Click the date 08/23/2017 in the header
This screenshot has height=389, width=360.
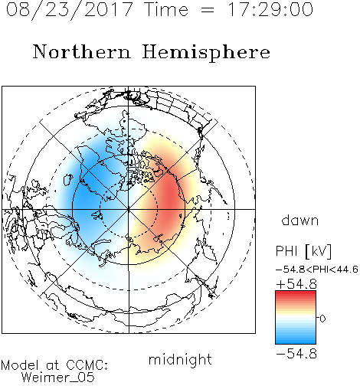point(69,10)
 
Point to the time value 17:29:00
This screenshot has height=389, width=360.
point(270,9)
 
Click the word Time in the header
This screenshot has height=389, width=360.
point(166,9)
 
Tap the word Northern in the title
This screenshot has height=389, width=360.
point(82,51)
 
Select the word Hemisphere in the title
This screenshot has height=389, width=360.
point(206,53)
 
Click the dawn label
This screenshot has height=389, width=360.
point(300,220)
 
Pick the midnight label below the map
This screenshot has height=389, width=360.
point(180,359)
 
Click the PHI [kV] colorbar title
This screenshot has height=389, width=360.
point(303,251)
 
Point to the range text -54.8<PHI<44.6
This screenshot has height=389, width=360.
point(317,270)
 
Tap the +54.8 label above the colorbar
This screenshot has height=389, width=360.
point(296,284)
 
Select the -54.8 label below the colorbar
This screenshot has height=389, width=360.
point(296,354)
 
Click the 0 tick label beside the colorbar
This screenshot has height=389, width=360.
point(322,319)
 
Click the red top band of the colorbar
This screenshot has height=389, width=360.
point(296,295)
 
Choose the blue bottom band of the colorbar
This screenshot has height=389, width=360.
point(296,339)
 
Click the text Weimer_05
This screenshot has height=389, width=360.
point(58,378)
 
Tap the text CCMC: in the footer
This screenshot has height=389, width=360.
point(87,365)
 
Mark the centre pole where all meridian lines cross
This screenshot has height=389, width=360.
point(129,209)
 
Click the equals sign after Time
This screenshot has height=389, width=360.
point(208,10)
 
